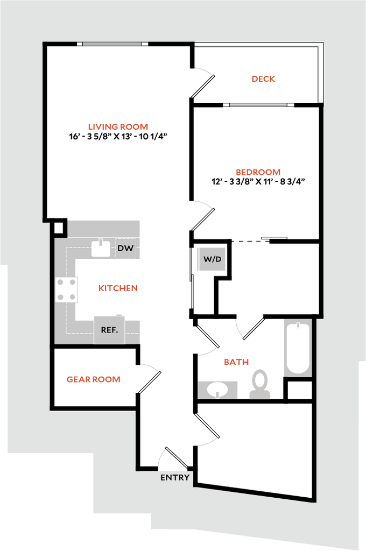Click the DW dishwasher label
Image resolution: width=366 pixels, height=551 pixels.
(x=125, y=249)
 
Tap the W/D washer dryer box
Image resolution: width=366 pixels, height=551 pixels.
(x=212, y=259)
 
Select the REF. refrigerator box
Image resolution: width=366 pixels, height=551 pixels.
(x=109, y=329)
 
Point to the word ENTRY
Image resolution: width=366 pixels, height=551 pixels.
(x=175, y=477)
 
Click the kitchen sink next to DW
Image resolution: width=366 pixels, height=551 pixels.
(x=100, y=248)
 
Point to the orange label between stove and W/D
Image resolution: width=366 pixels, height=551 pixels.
(x=118, y=288)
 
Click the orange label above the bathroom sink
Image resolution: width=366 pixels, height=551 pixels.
(x=236, y=363)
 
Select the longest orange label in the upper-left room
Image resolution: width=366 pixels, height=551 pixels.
(x=118, y=128)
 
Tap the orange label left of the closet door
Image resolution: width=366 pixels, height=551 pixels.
(x=93, y=379)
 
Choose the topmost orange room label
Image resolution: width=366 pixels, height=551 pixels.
(x=264, y=79)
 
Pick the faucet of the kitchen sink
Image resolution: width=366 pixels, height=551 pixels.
(x=100, y=242)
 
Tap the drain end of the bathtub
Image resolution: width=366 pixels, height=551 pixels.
(x=298, y=326)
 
